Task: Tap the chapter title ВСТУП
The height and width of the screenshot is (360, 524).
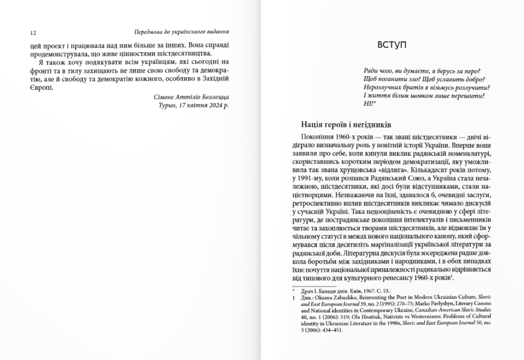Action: point(392,45)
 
